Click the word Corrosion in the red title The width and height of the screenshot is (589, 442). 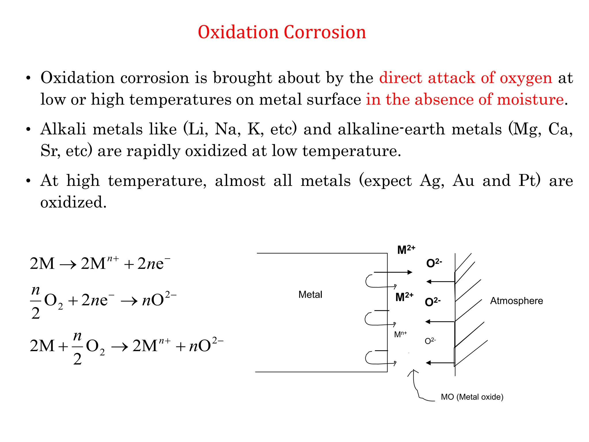[325, 32]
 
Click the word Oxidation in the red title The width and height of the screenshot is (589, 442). [238, 32]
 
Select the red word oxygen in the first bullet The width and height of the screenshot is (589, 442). [526, 78]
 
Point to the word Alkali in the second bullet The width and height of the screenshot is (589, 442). [63, 129]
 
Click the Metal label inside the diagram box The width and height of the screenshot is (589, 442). [310, 295]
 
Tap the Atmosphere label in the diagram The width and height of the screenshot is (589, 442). [517, 301]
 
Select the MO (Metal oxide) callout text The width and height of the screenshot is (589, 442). [472, 397]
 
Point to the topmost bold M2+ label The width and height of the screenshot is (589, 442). [406, 249]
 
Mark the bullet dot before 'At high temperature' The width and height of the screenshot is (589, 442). [28, 181]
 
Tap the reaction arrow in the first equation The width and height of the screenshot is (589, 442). [68, 264]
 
